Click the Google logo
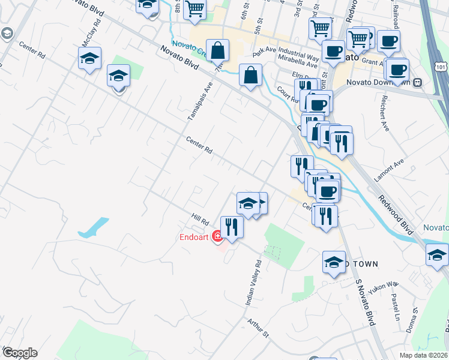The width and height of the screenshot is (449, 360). (x=20, y=353)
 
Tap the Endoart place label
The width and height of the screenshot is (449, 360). (x=194, y=236)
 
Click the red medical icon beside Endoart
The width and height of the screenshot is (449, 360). (x=217, y=236)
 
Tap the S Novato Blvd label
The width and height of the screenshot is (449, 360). (x=365, y=303)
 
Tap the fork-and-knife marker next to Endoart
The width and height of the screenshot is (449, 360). (x=231, y=227)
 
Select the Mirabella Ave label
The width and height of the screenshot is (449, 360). (x=298, y=63)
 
